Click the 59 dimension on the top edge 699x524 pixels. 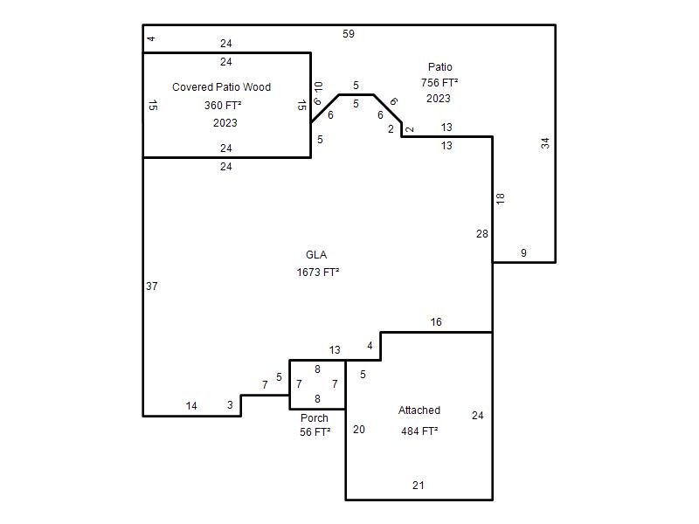pyautogui.click(x=349, y=34)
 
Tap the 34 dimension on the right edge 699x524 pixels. pyautogui.click(x=545, y=143)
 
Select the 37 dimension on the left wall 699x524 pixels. pyautogui.click(x=151, y=286)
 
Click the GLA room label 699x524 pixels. pyautogui.click(x=316, y=255)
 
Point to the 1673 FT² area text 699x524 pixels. pyautogui.click(x=318, y=272)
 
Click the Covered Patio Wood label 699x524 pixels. pyautogui.click(x=222, y=86)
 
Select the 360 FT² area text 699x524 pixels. pyautogui.click(x=223, y=105)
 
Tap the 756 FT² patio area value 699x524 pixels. pyautogui.click(x=439, y=82)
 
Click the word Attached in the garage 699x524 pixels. pyautogui.click(x=419, y=410)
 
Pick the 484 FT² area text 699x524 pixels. pyautogui.click(x=419, y=431)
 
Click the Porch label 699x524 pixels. pyautogui.click(x=315, y=418)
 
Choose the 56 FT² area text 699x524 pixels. pyautogui.click(x=315, y=431)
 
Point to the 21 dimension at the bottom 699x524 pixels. pyautogui.click(x=419, y=486)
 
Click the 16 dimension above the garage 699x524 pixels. pyautogui.click(x=436, y=321)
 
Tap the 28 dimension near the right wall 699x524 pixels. pyautogui.click(x=482, y=233)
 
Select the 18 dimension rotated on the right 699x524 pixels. pyautogui.click(x=500, y=198)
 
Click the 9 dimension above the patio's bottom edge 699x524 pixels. pyautogui.click(x=523, y=253)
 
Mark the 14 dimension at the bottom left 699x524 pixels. pyautogui.click(x=191, y=405)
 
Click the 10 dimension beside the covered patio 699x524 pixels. pyautogui.click(x=318, y=86)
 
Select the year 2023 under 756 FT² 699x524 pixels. pyautogui.click(x=439, y=99)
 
